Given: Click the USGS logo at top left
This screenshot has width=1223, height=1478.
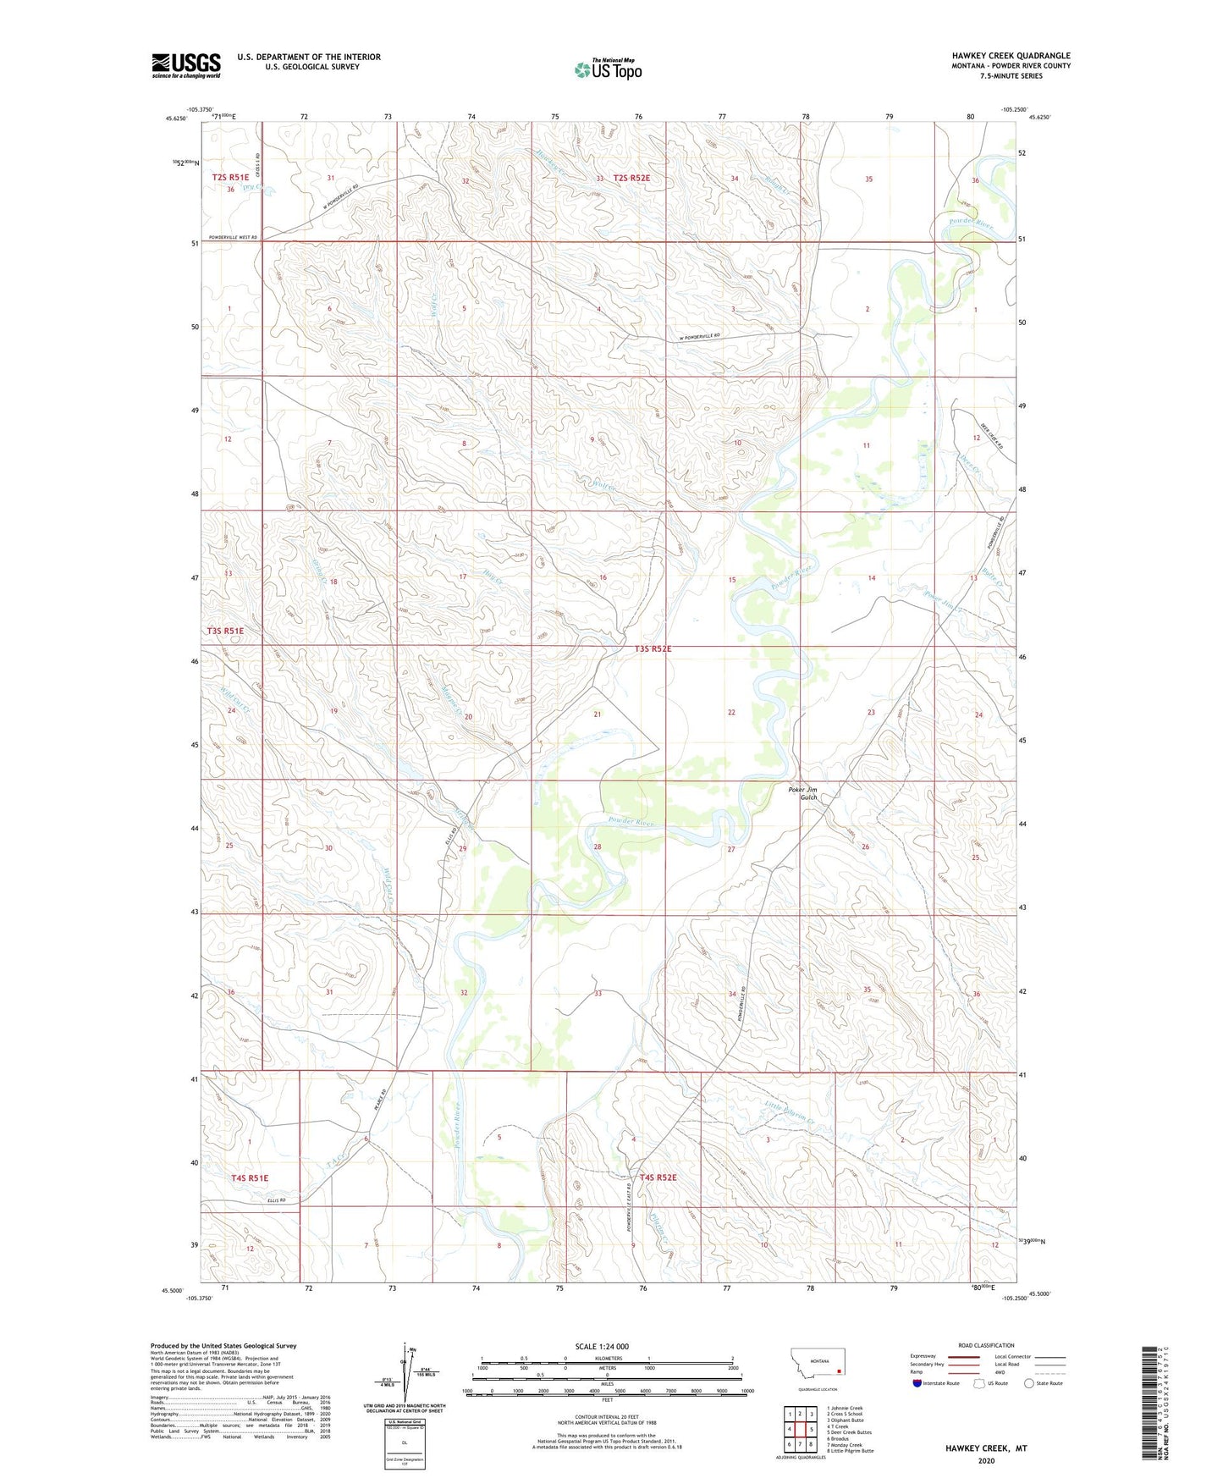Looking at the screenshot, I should pos(186,65).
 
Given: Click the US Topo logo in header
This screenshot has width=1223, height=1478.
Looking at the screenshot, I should pos(607,69).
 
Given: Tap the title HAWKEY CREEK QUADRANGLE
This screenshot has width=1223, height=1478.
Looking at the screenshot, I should pos(1011,56).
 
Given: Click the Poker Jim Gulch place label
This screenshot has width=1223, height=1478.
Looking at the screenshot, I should pos(802,793).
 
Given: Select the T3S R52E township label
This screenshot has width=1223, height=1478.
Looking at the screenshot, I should pos(653,649).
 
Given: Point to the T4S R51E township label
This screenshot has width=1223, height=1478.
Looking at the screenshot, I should pos(249,1177).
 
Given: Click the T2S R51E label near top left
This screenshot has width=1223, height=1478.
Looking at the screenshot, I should pos(231,178).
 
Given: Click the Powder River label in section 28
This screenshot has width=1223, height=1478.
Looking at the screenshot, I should pos(631,822).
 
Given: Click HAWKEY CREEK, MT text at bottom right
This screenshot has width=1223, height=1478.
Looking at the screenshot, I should pos(986,1448).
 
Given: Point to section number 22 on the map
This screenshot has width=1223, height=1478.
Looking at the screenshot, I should pos(731,712).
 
